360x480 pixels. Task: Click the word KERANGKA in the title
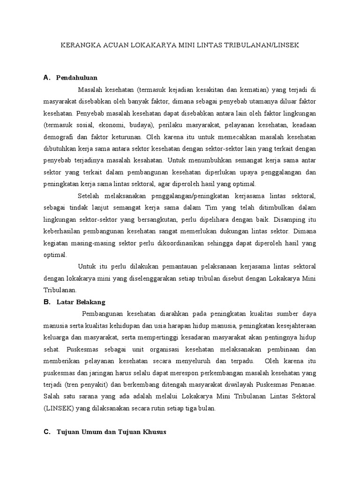pyautogui.click(x=78, y=45)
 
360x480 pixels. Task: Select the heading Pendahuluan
pyautogui.click(x=76, y=77)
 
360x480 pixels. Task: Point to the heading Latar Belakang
pyautogui.click(x=81, y=302)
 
